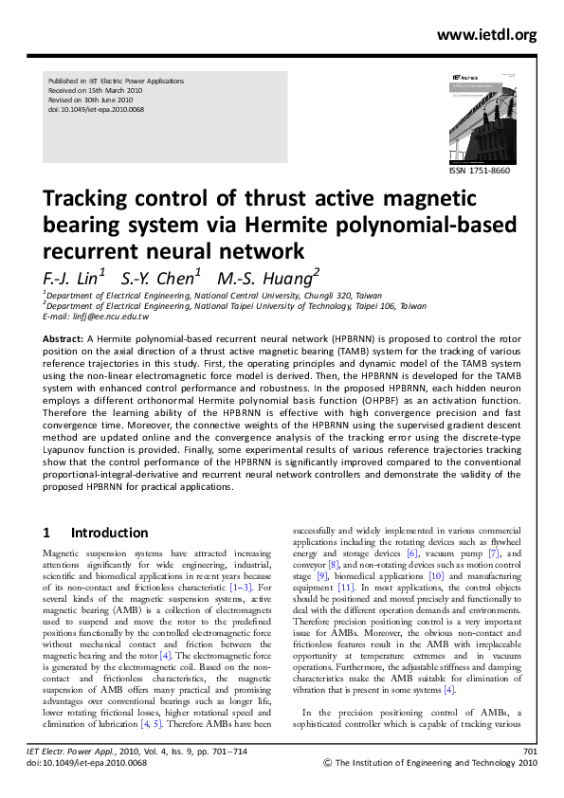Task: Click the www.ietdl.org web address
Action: pos(486,36)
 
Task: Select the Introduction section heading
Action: pos(109,533)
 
